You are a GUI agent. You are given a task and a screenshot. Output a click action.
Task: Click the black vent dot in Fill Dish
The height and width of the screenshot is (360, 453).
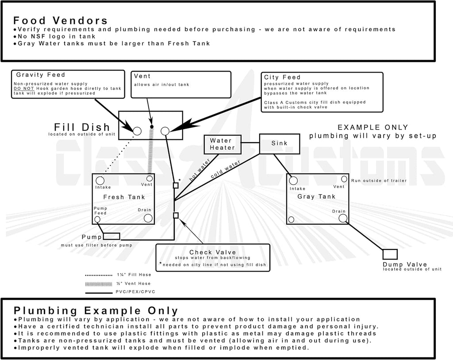pyautogui.click(x=152, y=126)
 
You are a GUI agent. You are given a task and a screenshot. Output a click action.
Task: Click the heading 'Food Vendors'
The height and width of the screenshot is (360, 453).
pyautogui.click(x=60, y=20)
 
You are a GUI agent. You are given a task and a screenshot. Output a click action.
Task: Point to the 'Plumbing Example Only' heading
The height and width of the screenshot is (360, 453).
pyautogui.click(x=96, y=310)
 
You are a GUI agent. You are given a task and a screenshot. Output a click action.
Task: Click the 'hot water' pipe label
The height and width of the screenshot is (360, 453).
pyautogui.click(x=200, y=170)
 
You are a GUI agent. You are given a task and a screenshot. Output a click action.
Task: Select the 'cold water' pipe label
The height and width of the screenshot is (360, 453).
pyautogui.click(x=225, y=169)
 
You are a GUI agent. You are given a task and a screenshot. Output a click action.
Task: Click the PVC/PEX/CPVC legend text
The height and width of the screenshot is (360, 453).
pyautogui.click(x=135, y=292)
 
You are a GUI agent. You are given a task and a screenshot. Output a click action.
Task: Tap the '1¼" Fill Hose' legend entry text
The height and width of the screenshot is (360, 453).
pyautogui.click(x=134, y=275)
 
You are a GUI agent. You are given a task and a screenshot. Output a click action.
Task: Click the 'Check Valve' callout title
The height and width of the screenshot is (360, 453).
pyautogui.click(x=213, y=252)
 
